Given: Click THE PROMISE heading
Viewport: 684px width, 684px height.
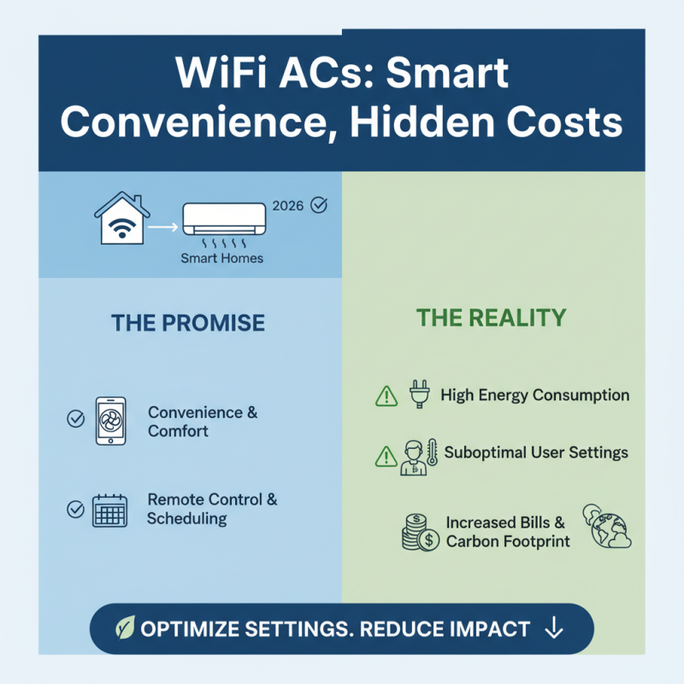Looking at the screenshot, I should pos(188,322).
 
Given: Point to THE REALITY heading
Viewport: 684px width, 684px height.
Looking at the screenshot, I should pos(491,318).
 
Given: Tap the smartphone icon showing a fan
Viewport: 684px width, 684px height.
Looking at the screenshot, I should pos(109,421).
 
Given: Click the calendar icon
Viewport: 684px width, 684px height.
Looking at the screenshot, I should pos(109,510).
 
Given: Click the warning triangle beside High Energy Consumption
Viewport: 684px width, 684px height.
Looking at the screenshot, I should pos(386,397).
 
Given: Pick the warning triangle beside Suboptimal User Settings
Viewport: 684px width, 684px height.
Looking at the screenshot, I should pos(386,456).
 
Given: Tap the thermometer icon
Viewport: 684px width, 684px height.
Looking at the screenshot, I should pos(432,453).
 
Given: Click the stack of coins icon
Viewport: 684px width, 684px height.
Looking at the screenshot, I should pos(420,532).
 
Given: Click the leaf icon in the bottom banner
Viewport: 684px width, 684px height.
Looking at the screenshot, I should pos(125,629).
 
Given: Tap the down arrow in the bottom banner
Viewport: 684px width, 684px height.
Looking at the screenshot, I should pos(553,629).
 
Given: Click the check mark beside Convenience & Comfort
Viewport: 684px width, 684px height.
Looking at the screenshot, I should pos(76,419).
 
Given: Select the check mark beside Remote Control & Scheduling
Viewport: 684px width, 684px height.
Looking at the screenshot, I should pos(76,510).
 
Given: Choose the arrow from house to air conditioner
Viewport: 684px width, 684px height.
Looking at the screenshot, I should pos(162,227).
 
